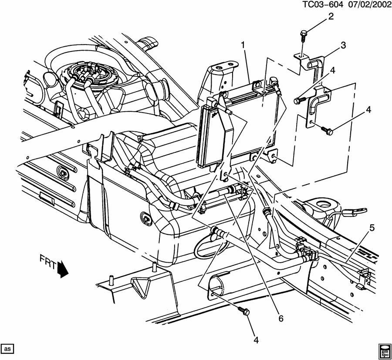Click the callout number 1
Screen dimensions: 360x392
(x=243, y=45)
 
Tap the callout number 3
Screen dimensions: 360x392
(x=343, y=45)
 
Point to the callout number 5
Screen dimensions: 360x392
(x=372, y=227)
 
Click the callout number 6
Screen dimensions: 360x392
(x=281, y=319)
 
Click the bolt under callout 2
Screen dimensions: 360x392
(x=303, y=34)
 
